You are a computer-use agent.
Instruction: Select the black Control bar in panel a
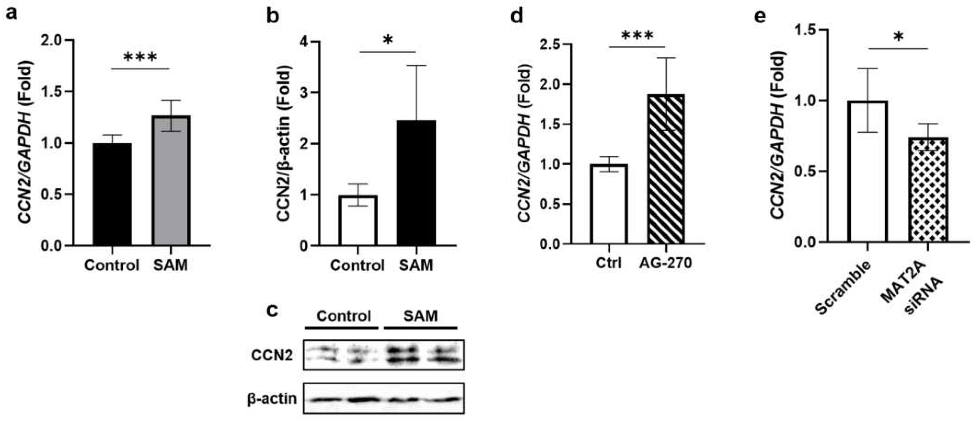112,194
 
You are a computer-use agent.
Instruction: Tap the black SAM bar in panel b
416,183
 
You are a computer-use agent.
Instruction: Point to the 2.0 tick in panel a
55,40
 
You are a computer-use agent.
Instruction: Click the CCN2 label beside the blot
272,355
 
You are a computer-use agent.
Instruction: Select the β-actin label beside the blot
272,399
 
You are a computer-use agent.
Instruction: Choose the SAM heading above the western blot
420,316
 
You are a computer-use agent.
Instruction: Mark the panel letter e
760,17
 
